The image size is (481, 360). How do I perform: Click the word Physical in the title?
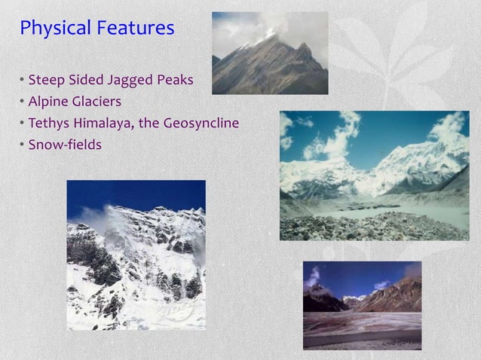coord(54,29)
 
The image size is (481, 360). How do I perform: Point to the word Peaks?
coord(175,80)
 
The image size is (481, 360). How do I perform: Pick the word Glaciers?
coord(98,101)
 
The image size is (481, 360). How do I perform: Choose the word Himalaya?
coord(104,122)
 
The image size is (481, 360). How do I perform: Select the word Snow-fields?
coord(64,143)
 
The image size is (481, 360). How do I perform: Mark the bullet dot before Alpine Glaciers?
coord(23,101)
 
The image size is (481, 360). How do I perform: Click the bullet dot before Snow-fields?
coord(23,143)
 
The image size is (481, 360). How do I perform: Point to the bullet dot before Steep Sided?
coord(23,80)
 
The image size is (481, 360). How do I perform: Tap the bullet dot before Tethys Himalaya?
coord(23,122)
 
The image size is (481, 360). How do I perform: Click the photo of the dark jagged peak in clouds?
coord(270,53)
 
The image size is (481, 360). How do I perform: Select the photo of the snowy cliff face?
coord(136,255)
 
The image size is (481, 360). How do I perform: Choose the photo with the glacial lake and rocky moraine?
coord(374,175)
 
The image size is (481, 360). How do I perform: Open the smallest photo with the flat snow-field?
coord(362,305)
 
